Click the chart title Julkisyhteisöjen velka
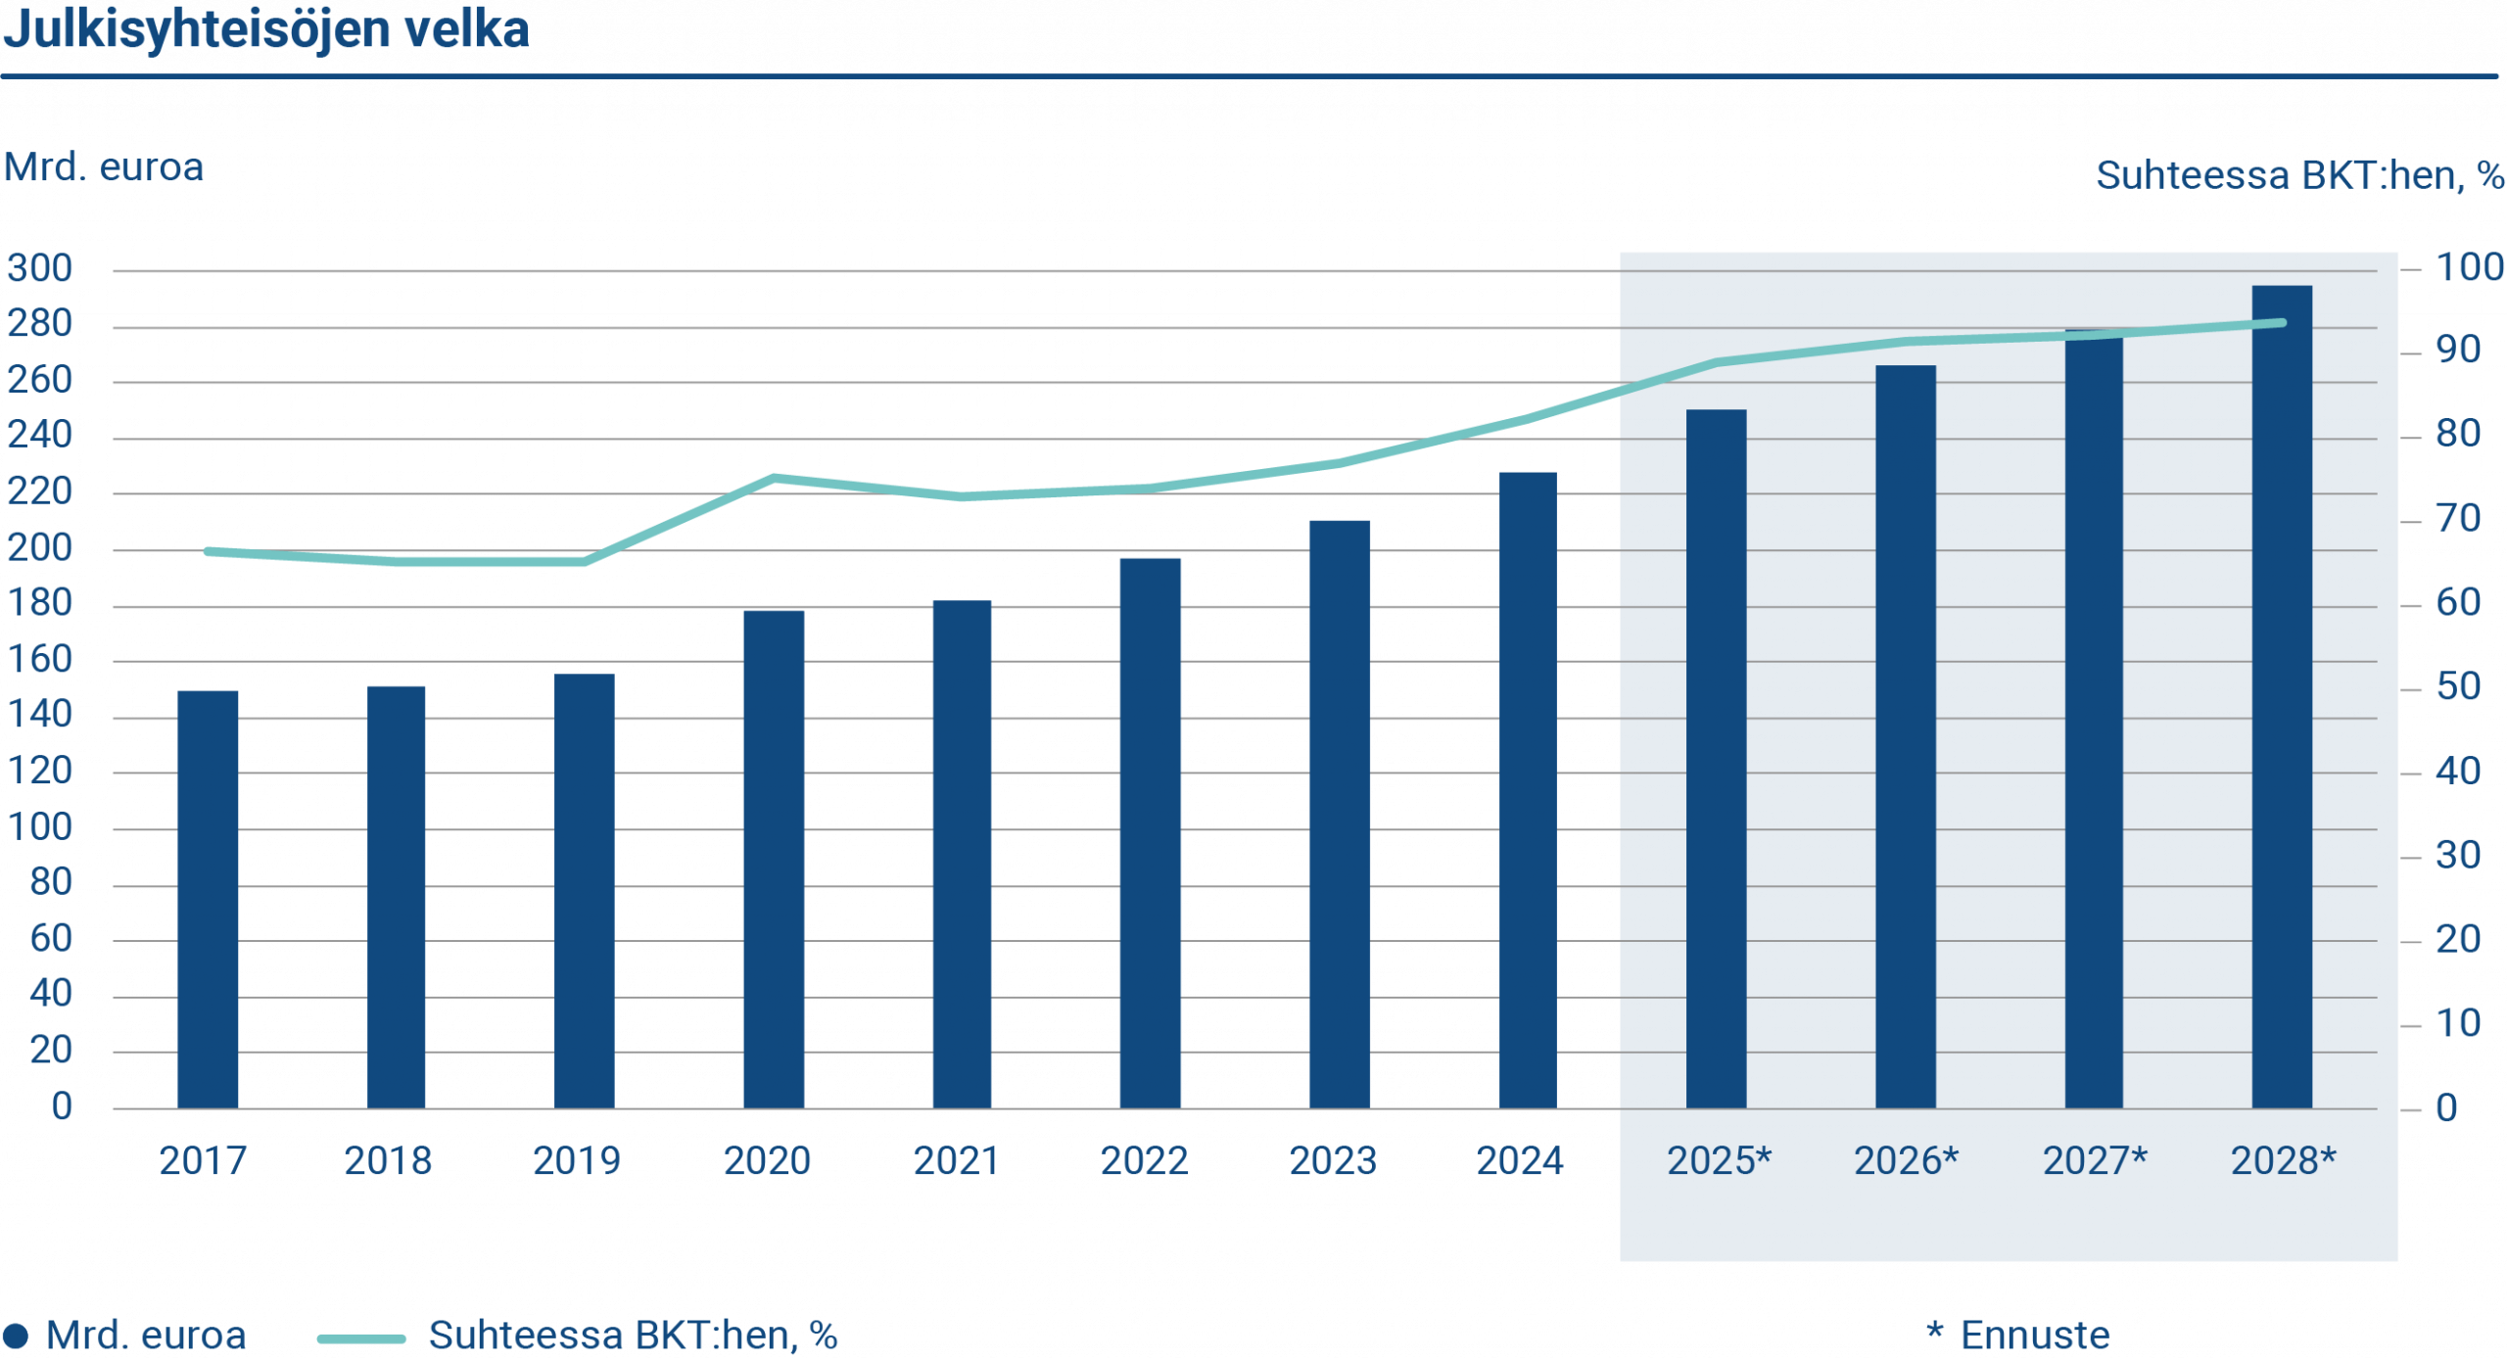click(x=265, y=29)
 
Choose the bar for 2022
click(x=1151, y=832)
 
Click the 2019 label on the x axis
click(x=576, y=1161)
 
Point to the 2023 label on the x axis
click(x=1333, y=1161)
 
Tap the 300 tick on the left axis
click(x=40, y=268)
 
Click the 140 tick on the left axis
click(x=40, y=715)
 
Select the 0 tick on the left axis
click(x=62, y=1107)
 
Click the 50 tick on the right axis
click(x=2458, y=687)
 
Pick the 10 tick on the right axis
click(x=2458, y=1024)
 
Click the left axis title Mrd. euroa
click(x=104, y=167)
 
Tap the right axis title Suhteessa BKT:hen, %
click(x=2299, y=176)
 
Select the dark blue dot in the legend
click(x=15, y=1336)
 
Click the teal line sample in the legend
click(x=361, y=1337)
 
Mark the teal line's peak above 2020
click(x=774, y=477)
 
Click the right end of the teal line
click(x=2283, y=322)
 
